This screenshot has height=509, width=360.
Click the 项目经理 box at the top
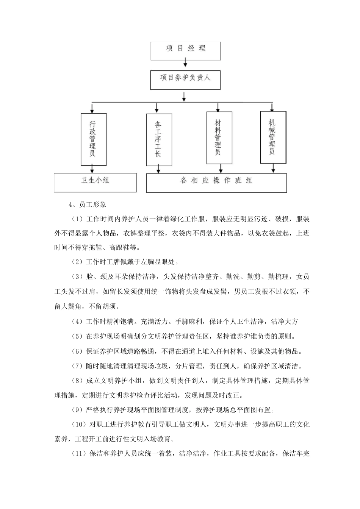tap(186, 50)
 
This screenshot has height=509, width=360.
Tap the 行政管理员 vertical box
tap(93, 139)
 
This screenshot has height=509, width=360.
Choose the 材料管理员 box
tap(219, 137)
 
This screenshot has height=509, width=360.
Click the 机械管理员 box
tap(273, 137)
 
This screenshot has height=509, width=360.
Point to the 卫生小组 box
tap(95, 182)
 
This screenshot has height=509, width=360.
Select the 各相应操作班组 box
tap(216, 182)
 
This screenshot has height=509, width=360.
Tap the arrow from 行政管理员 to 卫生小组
tap(92, 169)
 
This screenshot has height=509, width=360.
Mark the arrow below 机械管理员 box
tap(273, 169)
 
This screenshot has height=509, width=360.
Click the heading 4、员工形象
tap(88, 205)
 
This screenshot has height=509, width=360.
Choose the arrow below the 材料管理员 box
tap(221, 169)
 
